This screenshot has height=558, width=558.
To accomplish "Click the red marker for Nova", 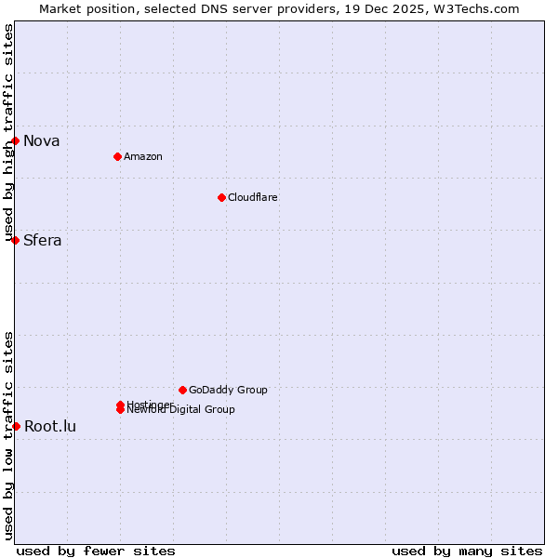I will click(16, 140).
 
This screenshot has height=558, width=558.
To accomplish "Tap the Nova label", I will click(41, 141).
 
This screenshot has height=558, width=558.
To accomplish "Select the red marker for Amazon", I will click(117, 156).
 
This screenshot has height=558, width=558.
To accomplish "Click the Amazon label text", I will click(142, 157).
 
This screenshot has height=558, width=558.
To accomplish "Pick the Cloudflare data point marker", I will click(221, 197).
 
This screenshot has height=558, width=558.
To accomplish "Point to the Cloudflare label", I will click(252, 198).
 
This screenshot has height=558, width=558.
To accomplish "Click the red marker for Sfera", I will click(16, 240).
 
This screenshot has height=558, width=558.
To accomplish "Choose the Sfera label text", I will click(42, 241).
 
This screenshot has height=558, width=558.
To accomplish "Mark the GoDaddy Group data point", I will click(182, 390).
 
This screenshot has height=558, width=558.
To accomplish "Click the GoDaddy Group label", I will click(228, 391).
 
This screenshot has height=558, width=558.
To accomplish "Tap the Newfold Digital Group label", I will click(180, 410).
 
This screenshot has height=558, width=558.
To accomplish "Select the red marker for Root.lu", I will click(16, 426).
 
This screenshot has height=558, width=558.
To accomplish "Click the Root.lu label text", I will click(49, 427).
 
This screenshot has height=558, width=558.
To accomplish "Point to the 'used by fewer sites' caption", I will click(96, 551).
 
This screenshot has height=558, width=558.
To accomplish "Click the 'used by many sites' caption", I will click(467, 551).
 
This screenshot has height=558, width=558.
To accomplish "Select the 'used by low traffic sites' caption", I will click(8, 435).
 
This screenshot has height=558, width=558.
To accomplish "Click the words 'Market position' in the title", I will click(83, 8).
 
